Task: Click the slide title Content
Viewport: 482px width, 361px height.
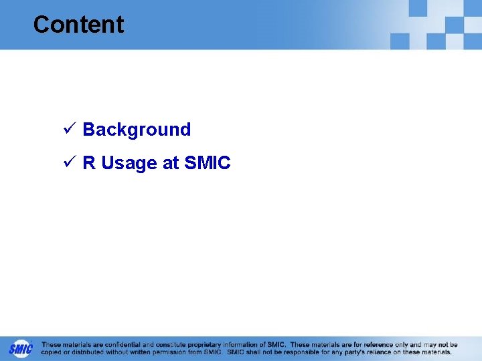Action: click(x=78, y=25)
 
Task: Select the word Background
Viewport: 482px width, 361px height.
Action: click(x=137, y=130)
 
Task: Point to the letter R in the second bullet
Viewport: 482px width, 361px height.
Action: click(x=89, y=163)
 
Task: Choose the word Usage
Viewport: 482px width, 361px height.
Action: click(x=129, y=164)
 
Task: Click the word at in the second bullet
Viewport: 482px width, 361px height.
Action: click(x=171, y=163)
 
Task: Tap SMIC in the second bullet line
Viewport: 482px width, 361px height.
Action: click(x=208, y=163)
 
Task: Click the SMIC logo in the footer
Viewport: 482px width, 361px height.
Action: click(x=20, y=348)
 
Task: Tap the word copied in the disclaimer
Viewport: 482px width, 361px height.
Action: click(x=52, y=352)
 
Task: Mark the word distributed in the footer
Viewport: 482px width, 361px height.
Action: click(x=88, y=352)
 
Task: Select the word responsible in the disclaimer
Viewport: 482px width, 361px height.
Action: click(x=297, y=352)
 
